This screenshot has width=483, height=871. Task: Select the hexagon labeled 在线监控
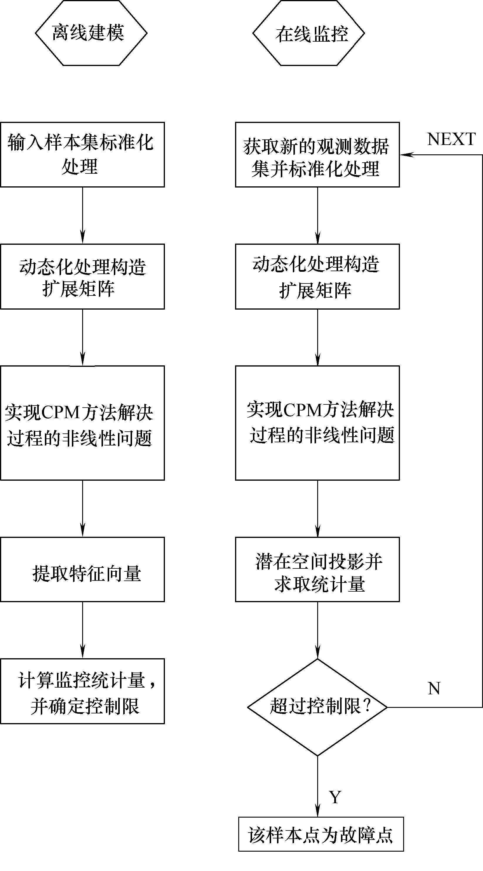309,33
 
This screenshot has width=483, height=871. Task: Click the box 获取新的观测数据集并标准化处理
317,155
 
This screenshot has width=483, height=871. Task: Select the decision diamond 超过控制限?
317,707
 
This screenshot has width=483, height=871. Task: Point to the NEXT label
451,139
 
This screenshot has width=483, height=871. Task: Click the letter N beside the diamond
434,688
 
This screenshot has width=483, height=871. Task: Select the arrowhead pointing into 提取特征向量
82,531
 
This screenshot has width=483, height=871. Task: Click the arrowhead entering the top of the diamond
318,653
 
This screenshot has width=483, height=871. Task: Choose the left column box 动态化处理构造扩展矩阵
82,276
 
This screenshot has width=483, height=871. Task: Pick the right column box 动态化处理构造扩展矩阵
317,276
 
